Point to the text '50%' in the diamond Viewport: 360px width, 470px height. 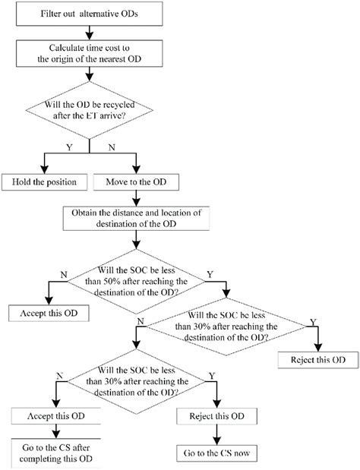(126, 279)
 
